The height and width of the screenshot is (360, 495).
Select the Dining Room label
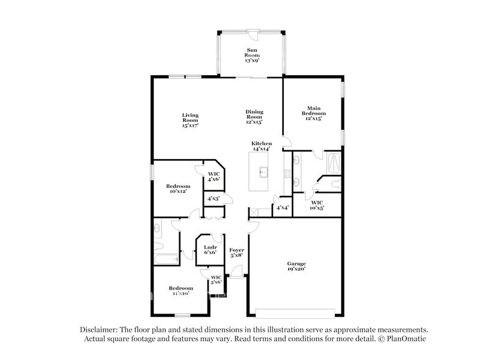pos(254,116)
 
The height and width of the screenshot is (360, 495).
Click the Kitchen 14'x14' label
pos(261,146)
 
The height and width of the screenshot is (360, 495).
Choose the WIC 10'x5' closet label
pos(317,204)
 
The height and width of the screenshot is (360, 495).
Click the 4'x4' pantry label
pos(282,208)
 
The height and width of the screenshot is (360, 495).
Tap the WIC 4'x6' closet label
pos(214,176)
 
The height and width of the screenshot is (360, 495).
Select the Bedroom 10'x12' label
pos(178,189)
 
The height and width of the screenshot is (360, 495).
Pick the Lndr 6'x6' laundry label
pos(209,249)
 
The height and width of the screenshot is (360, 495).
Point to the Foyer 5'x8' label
pos(237,253)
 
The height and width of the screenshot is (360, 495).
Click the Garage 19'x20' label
pos(296,266)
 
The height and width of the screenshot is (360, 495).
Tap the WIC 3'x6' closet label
pos(215,280)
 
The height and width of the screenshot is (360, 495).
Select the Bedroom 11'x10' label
pos(181,291)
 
